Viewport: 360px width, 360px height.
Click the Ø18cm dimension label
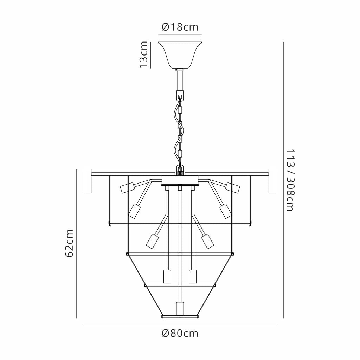click(180, 27)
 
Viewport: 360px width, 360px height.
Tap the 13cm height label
click(143, 54)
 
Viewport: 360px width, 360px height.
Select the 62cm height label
click(69, 243)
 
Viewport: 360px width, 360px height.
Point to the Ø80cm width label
click(180, 333)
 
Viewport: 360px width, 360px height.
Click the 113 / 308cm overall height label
click(290, 180)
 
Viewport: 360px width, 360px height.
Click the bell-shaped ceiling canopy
click(180, 55)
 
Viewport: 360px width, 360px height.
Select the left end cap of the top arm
click(88, 181)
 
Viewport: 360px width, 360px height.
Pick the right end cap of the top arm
click(272, 181)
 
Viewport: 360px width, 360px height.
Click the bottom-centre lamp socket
click(180, 309)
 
